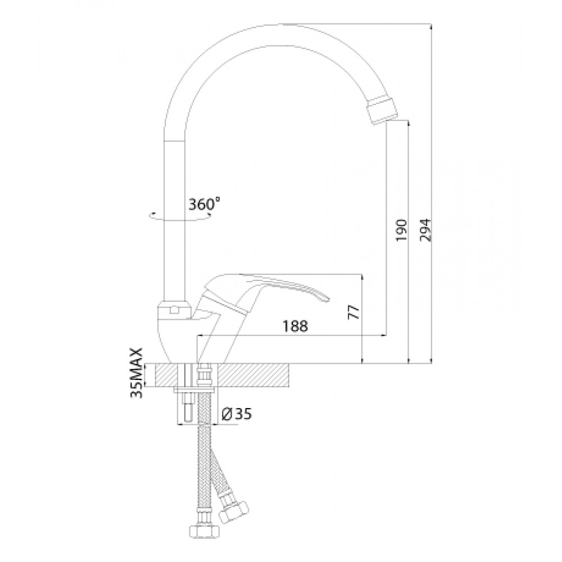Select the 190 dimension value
[x=401, y=230]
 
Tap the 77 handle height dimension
[x=353, y=312]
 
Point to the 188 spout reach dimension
[x=296, y=326]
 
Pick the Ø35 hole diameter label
[x=237, y=414]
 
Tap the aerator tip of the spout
[x=382, y=111]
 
